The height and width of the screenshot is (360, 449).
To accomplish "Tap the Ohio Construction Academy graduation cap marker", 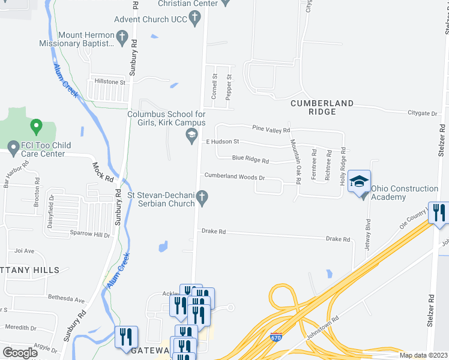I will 359,182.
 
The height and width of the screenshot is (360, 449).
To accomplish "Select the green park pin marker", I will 37,127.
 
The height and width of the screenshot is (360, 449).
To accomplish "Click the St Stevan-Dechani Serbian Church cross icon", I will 203,197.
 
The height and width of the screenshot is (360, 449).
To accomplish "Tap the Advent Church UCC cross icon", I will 194,19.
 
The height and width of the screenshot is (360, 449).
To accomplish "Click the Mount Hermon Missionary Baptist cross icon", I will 122,39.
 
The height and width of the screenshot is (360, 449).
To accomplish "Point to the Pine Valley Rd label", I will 271,129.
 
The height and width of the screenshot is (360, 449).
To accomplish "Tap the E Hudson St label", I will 223,142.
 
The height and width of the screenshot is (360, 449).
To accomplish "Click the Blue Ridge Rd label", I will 251,161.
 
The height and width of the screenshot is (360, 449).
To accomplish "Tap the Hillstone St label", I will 108,82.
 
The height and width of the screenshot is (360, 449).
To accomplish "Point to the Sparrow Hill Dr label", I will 91,235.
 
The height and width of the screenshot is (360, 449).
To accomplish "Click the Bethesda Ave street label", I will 67,298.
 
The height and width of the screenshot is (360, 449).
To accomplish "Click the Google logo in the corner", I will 20,352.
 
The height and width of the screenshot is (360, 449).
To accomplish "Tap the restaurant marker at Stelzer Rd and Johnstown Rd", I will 439,214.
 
